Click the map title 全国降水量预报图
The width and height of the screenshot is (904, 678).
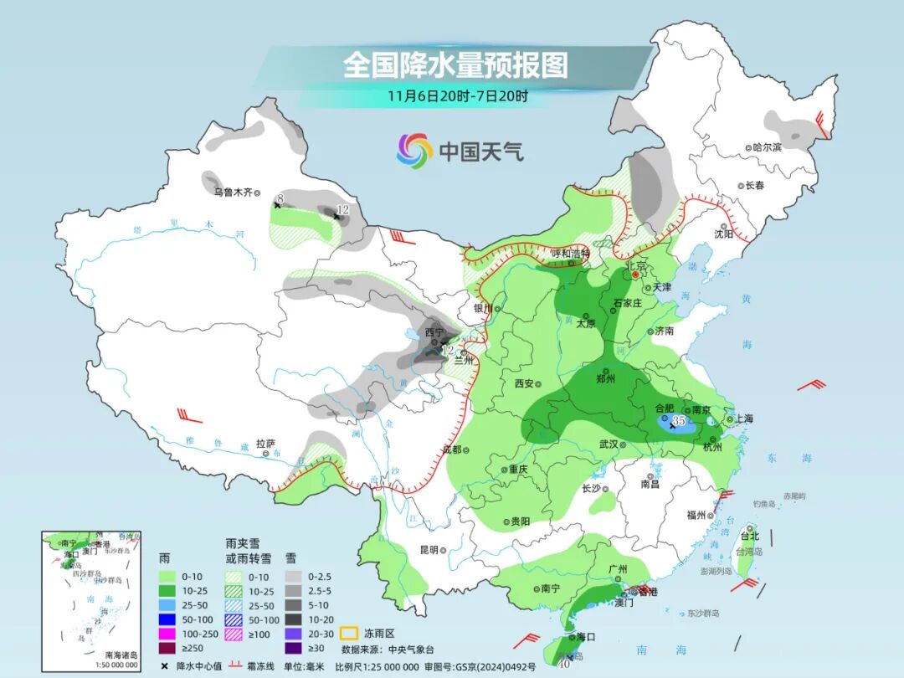[x=455, y=64]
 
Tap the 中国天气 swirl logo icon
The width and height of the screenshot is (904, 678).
[x=414, y=151]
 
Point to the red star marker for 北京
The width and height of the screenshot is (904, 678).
[x=635, y=274]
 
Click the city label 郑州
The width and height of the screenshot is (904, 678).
[x=606, y=378]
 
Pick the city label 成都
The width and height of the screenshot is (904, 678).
[x=452, y=449]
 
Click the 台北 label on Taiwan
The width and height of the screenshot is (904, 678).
[x=749, y=536]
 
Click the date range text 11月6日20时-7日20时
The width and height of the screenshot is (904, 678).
[x=457, y=96]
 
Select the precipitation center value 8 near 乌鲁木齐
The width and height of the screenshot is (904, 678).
[x=281, y=198]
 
